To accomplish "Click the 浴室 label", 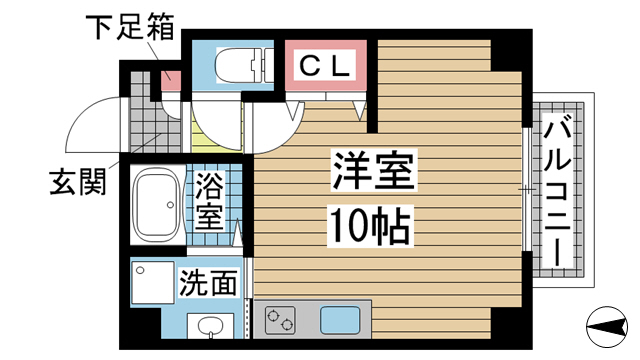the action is coord(210,200).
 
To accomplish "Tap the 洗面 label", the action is coord(209,283).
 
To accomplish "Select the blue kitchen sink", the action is coord(340,323).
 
